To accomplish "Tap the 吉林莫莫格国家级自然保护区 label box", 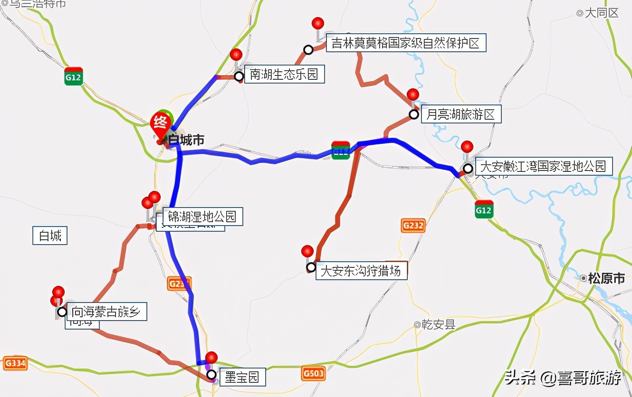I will (406, 43).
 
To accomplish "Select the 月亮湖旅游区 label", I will (460, 114).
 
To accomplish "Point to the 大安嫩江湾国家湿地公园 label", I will (543, 167).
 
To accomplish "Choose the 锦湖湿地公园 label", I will (202, 217).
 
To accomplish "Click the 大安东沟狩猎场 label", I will (361, 271).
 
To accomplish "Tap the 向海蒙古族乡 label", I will (106, 312).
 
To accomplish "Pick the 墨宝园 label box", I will (242, 378).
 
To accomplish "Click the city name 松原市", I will (605, 279).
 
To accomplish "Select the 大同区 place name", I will (601, 13).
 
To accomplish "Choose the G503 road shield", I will (313, 374).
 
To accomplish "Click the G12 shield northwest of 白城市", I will (74, 76).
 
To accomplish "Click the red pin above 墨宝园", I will (211, 358).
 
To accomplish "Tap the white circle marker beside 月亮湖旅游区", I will (414, 114).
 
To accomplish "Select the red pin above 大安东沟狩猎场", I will (307, 251).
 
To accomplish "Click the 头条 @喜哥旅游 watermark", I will (563, 378).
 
